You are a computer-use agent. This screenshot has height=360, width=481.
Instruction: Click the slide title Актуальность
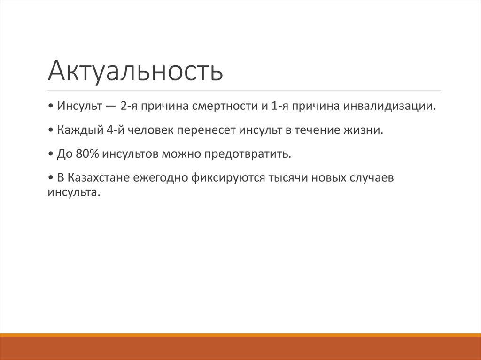coord(135,70)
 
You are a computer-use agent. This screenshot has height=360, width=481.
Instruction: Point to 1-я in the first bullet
coord(280,106)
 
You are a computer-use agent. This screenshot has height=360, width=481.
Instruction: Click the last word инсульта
coord(73,192)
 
